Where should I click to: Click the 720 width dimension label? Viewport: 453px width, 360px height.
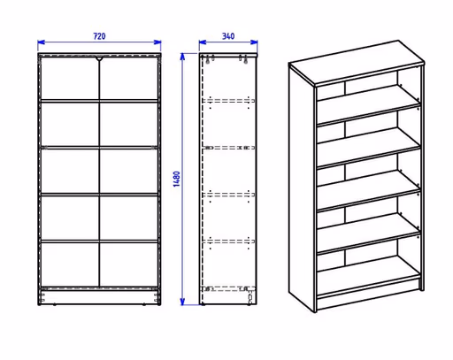[99, 36]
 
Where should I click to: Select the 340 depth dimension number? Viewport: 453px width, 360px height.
[228, 36]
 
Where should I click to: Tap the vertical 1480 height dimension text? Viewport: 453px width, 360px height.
[177, 179]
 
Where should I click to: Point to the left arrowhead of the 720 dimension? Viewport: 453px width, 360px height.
[42, 42]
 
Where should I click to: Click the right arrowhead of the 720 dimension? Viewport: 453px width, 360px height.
[157, 42]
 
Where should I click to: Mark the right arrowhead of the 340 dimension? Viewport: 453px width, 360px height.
[254, 42]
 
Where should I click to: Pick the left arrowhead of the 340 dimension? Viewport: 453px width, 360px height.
[203, 42]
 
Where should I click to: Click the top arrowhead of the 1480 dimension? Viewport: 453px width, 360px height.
[182, 57]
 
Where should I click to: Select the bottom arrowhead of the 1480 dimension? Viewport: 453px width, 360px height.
[182, 302]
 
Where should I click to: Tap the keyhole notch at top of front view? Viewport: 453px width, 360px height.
[99, 59]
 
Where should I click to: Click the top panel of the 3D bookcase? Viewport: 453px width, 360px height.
[357, 62]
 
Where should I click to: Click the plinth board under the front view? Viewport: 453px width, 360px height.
[99, 297]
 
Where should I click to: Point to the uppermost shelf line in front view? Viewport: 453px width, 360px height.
[99, 101]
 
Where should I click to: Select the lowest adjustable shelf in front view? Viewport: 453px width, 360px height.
[99, 241]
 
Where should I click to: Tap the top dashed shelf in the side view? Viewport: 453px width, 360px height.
[228, 101]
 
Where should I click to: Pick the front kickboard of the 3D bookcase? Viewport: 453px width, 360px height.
[369, 294]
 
